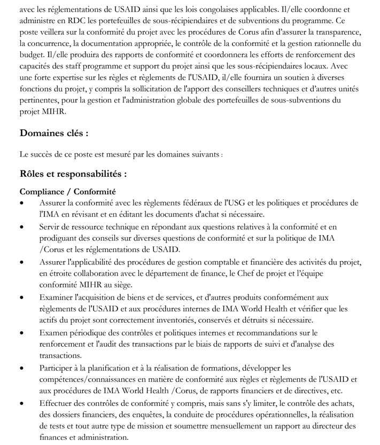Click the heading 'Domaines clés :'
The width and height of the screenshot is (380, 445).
54,132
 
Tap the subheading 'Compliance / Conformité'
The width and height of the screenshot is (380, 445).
68,191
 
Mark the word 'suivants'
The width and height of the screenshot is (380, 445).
204,154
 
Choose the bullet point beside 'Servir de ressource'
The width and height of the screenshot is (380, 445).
21,227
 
